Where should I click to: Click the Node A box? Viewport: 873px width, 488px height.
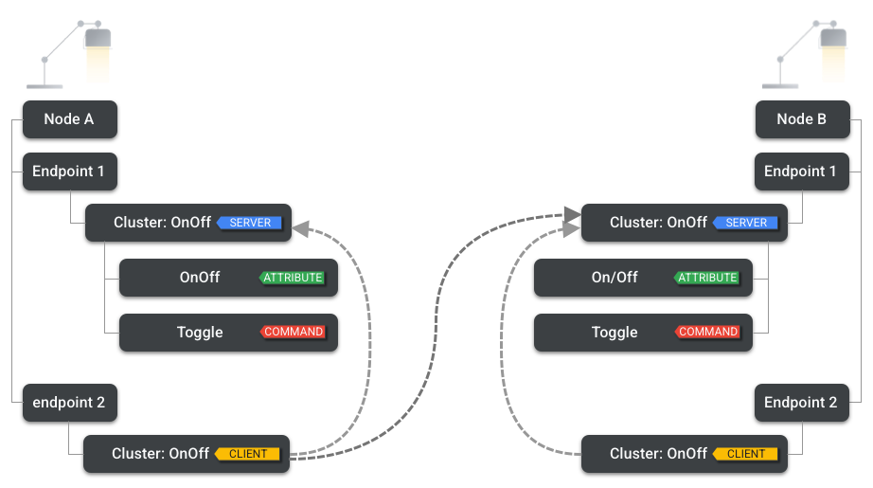[x=69, y=119]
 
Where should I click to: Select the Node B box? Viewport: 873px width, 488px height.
[x=802, y=119]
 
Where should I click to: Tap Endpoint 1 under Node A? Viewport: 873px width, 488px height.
[x=69, y=172]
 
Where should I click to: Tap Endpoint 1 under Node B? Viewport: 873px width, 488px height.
[x=801, y=172]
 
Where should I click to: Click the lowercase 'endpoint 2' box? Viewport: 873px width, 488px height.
[x=69, y=403]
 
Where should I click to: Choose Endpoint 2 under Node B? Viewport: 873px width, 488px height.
[x=801, y=403]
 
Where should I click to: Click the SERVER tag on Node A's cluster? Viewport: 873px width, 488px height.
[x=250, y=223]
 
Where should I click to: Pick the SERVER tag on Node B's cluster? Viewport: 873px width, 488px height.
[x=746, y=223]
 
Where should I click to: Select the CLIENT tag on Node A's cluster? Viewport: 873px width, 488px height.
[x=248, y=454]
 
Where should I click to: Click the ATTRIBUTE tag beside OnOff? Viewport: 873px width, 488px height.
[x=293, y=278]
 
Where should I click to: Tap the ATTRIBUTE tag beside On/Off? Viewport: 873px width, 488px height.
[x=706, y=278]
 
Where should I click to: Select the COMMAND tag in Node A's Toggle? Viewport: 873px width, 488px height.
[x=293, y=333]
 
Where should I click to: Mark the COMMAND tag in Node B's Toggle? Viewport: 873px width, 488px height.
[x=707, y=333]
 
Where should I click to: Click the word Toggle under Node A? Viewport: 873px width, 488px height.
[x=200, y=333]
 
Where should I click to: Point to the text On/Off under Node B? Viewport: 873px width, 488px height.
[x=615, y=278]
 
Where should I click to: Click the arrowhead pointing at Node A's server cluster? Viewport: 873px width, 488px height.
[x=301, y=227]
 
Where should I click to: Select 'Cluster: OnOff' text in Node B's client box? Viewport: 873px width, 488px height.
[x=658, y=454]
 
